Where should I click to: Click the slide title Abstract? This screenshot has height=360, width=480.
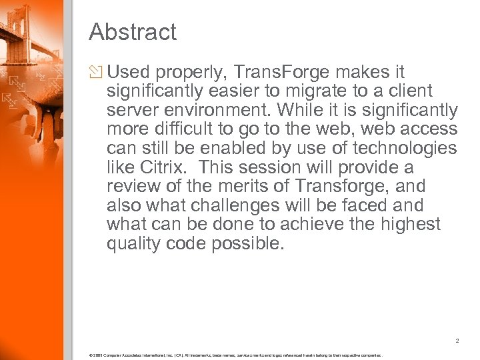pos(132,32)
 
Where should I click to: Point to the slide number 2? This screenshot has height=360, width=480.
pos(457,341)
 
